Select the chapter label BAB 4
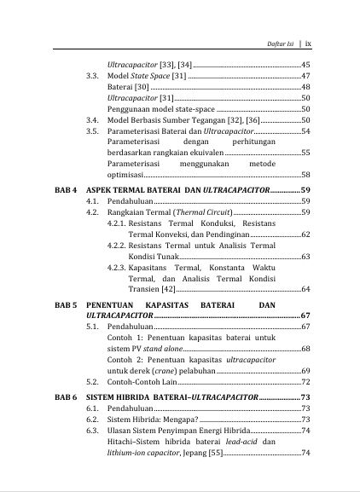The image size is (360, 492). (x=67, y=188)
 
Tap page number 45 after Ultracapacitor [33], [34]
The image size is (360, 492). (x=305, y=65)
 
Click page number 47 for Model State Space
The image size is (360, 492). (x=305, y=76)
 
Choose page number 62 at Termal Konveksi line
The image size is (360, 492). (x=305, y=233)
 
